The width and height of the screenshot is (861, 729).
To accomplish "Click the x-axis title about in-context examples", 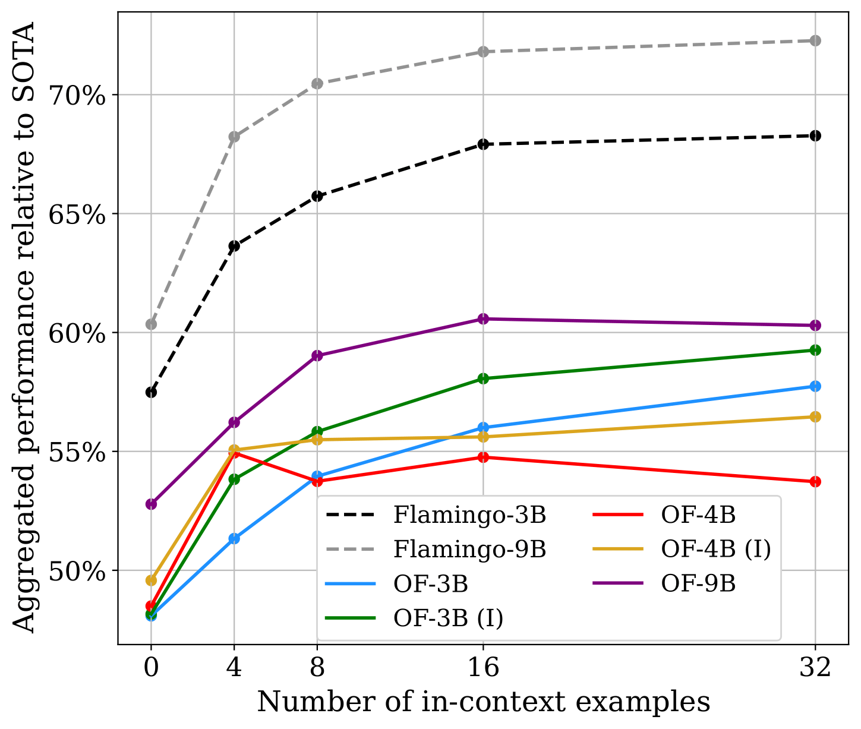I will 483,702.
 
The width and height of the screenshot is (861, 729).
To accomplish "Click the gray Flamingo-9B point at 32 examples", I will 815,40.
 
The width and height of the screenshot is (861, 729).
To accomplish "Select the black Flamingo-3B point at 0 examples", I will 151,392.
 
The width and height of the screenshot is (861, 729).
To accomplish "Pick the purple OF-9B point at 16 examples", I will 483,319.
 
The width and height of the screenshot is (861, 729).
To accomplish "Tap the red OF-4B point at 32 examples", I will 815,481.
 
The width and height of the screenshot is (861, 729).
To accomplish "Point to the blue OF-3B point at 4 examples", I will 234,538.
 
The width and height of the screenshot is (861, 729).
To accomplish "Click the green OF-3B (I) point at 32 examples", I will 815,350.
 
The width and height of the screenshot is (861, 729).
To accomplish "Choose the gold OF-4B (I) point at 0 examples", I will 151,580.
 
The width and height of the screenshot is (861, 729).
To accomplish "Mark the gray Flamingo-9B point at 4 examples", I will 234,137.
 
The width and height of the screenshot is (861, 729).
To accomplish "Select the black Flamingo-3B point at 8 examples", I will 317,196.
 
